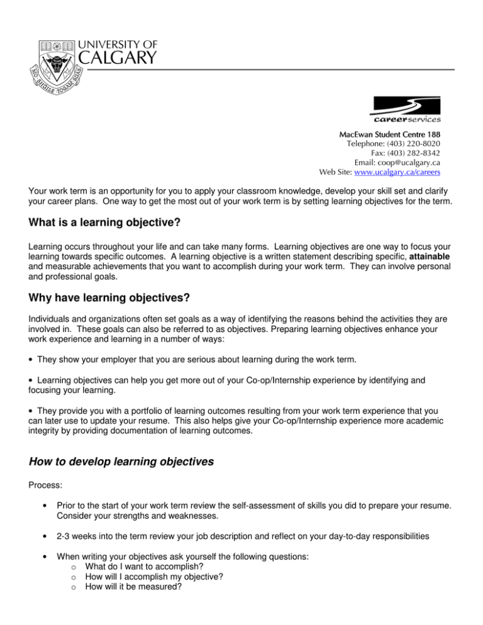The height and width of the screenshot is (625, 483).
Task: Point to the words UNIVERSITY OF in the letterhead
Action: pyautogui.click(x=120, y=43)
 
